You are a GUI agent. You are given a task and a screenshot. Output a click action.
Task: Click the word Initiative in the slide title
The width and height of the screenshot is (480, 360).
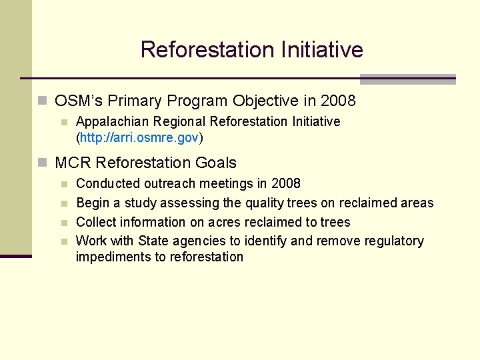tap(322, 50)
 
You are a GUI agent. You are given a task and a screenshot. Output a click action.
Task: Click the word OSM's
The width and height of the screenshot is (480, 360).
tap(79, 101)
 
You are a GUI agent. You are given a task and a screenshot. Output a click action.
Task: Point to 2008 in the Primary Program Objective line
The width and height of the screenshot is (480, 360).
tap(338, 101)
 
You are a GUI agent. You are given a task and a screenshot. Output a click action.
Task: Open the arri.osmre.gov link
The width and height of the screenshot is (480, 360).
tap(140, 138)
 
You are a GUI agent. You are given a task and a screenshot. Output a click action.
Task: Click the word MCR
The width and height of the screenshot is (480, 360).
tap(73, 163)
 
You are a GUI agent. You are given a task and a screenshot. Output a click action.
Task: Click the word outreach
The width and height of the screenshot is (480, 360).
tap(166, 183)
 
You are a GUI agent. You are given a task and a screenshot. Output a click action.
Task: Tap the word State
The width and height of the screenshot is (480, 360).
tap(153, 241)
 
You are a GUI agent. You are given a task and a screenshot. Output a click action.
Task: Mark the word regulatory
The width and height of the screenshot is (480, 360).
tap(394, 241)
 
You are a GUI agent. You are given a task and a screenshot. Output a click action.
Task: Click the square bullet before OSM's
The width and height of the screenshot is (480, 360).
tap(43, 101)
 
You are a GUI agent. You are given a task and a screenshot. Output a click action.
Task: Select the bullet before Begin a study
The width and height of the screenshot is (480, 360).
tap(64, 203)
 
